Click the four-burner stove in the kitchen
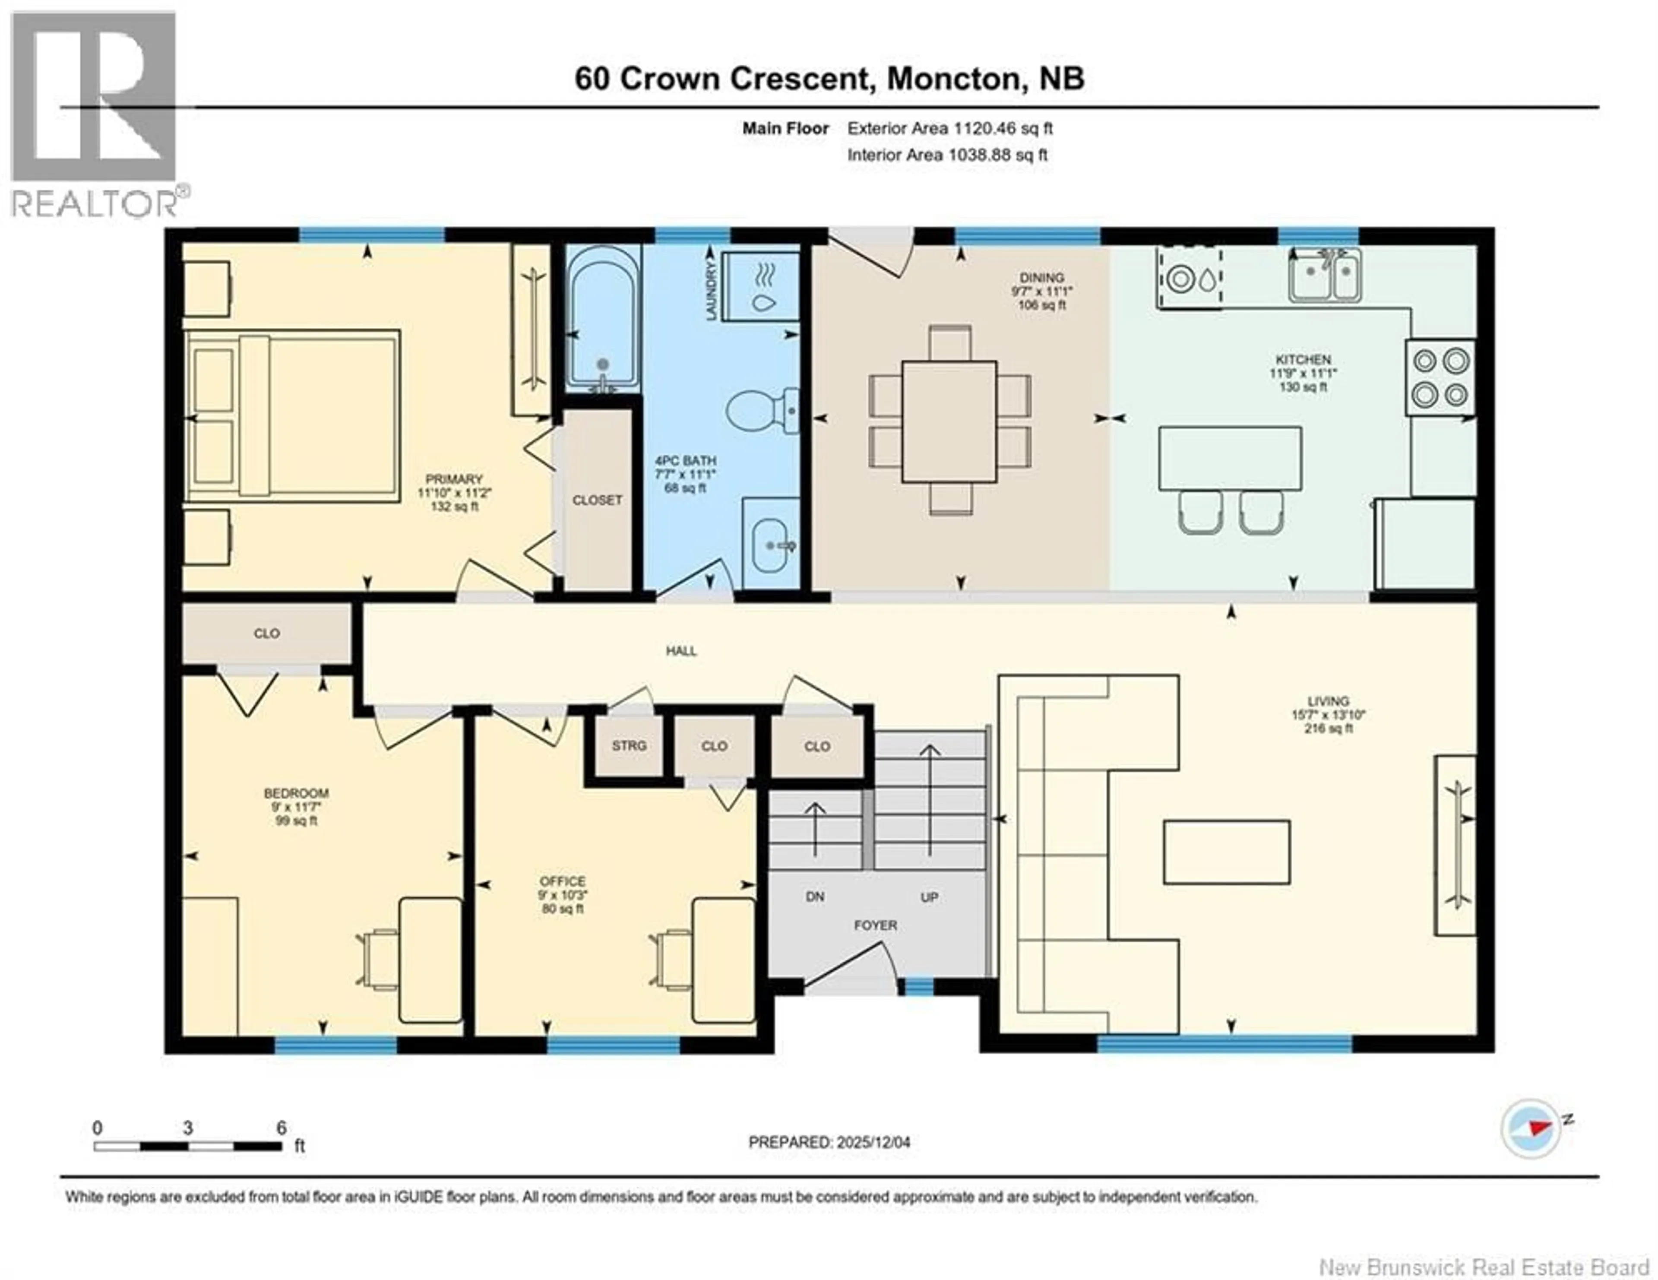tap(1440, 377)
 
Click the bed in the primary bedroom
tap(292, 415)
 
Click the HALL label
tap(681, 651)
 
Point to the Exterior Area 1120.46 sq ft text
tap(950, 128)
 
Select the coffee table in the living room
tap(1227, 852)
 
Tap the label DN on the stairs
tap(815, 897)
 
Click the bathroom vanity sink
tap(771, 544)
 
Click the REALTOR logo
tap(95, 114)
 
